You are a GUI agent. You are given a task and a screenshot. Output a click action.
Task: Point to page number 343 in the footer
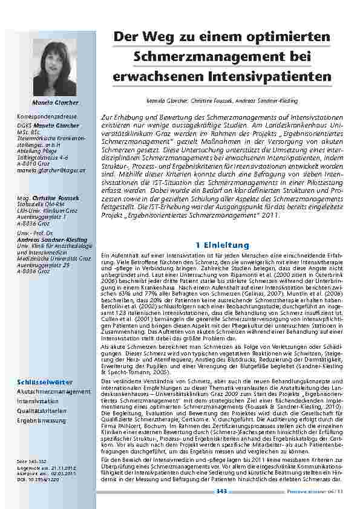coord(221,492)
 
